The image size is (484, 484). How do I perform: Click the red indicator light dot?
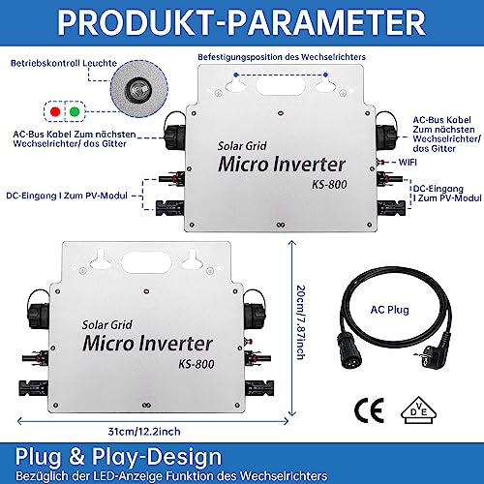(x=55, y=112)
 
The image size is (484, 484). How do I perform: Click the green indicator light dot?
(x=75, y=112)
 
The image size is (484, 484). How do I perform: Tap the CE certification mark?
(x=370, y=410)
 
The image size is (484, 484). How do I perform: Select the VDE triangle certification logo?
(x=418, y=410)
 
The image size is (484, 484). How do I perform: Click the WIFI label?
(x=408, y=162)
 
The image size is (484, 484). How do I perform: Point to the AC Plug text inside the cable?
(x=389, y=310)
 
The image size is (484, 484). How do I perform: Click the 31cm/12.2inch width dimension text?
(x=144, y=432)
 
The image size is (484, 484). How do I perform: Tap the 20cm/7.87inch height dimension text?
(x=300, y=322)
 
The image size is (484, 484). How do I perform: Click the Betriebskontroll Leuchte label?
(x=64, y=63)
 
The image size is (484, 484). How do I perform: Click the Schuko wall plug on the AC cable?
(x=431, y=354)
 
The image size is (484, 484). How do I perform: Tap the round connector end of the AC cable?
(x=349, y=352)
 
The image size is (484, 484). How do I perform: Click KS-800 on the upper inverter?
(x=329, y=184)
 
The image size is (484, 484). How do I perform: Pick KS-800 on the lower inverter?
(x=197, y=364)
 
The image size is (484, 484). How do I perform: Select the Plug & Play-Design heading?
(x=118, y=456)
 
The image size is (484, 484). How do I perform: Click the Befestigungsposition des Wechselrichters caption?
(x=282, y=57)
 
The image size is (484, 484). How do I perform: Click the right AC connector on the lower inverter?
(x=255, y=311)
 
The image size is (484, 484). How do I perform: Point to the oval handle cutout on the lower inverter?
(x=146, y=263)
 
